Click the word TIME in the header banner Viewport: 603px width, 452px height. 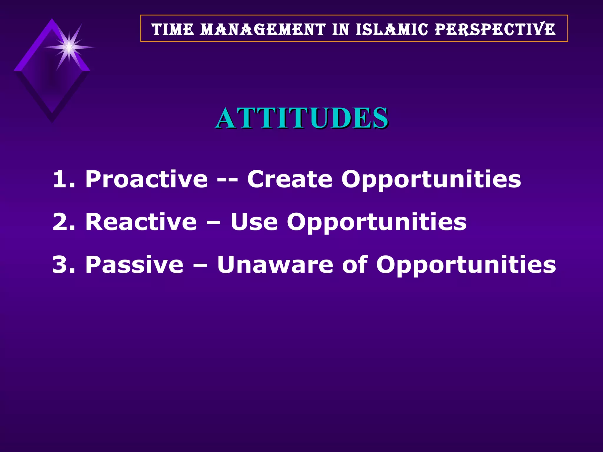173,29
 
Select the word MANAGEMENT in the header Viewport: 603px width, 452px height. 263,29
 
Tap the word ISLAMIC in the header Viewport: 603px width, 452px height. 392,29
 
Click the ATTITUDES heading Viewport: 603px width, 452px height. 301,119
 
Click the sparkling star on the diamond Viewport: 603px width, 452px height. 69,47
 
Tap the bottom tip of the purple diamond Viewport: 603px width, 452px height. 52,121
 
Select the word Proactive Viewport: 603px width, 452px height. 146,179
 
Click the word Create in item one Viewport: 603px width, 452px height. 290,179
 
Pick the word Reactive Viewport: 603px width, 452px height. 141,222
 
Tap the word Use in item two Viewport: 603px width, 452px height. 254,222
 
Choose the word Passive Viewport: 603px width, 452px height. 134,264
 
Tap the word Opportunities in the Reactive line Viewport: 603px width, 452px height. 377,222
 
